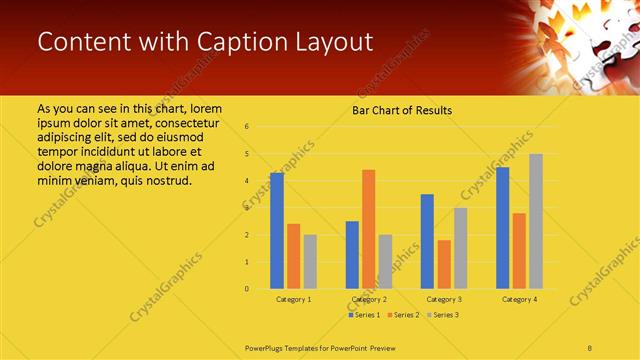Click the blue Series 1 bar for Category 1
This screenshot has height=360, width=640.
277,231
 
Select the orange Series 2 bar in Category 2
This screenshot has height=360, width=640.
368,229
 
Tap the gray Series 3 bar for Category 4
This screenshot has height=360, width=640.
536,221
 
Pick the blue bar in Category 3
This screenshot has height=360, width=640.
427,241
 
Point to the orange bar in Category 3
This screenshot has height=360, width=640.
444,264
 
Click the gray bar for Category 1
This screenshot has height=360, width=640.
310,262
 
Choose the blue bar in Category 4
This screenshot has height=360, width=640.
502,228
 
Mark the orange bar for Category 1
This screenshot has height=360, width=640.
293,256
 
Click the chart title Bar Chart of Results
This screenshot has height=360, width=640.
402,110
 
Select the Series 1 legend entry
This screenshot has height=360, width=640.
364,315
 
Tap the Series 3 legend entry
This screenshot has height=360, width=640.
444,315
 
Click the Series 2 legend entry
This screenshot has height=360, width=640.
404,315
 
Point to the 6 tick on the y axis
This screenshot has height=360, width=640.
246,127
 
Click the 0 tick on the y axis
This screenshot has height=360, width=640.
246,289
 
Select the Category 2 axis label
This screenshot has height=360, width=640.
369,300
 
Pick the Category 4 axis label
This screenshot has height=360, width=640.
518,300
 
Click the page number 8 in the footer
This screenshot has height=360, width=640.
590,346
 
